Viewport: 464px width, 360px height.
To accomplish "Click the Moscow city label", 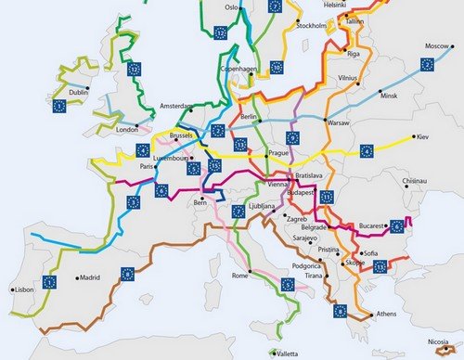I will tap(437, 46).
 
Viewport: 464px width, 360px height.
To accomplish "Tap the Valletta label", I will tap(286, 354).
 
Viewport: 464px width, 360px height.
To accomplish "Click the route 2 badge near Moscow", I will tap(428, 64).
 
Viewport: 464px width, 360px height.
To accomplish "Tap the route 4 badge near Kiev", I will tap(367, 150).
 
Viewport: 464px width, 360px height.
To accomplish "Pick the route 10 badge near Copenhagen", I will tap(277, 67).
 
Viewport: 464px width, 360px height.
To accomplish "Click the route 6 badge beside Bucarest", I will tap(398, 225).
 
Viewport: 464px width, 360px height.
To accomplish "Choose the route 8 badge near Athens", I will tap(341, 311).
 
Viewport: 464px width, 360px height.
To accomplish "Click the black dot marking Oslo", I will tap(240, 8).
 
